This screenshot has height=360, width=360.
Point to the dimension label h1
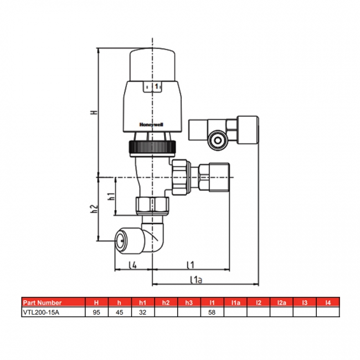click(x=111, y=197)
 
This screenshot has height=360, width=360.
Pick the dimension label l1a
click(x=194, y=280)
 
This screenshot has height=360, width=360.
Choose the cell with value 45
click(x=120, y=312)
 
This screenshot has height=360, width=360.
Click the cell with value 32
click(x=143, y=312)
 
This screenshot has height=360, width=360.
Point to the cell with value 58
click(x=212, y=312)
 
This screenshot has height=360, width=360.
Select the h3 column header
click(x=189, y=302)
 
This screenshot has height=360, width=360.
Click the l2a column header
click(x=281, y=302)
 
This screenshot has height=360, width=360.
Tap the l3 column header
click(x=304, y=302)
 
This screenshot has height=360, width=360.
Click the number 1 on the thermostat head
click(x=156, y=86)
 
